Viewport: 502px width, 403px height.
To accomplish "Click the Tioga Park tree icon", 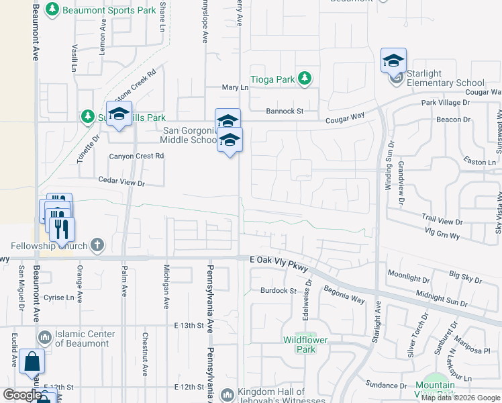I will click(304, 79).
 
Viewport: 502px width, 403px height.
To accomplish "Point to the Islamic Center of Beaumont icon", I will click(45, 335).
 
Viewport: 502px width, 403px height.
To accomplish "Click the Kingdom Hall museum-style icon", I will click(228, 394).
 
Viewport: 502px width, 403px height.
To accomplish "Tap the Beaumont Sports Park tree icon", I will click(52, 10).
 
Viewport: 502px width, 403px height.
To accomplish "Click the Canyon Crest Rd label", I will click(137, 156).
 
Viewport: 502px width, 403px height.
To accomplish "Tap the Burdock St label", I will click(279, 291).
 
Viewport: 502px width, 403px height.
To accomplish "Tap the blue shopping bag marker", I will click(32, 362).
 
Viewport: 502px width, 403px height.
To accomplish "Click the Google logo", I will click(22, 395).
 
